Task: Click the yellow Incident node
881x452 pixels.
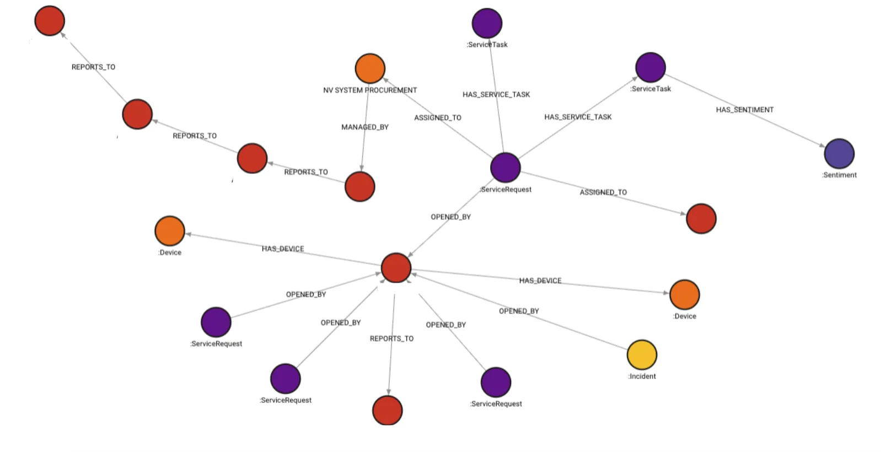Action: (x=642, y=354)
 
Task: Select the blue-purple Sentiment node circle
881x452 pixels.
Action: (x=839, y=153)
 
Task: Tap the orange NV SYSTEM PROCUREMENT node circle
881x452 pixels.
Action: (x=370, y=68)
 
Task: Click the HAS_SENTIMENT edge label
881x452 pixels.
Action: (x=744, y=110)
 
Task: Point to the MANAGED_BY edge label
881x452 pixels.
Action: (x=365, y=127)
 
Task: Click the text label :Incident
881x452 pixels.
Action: (x=642, y=376)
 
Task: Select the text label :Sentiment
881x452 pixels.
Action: (x=839, y=175)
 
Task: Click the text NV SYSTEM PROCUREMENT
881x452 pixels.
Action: (x=370, y=90)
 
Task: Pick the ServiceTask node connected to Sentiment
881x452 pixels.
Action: (x=651, y=67)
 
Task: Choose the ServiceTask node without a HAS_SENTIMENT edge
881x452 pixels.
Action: (x=487, y=23)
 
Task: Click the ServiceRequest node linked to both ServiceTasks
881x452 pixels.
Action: (x=505, y=167)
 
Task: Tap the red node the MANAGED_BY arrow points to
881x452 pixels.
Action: (x=359, y=186)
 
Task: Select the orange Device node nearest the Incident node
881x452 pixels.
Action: (x=684, y=294)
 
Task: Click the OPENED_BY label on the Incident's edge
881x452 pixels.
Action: (x=519, y=311)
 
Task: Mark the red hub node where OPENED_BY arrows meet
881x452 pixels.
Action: (x=396, y=267)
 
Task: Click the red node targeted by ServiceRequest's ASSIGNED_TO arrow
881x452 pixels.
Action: (x=701, y=218)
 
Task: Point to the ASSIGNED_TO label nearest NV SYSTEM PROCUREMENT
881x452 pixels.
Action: (x=438, y=117)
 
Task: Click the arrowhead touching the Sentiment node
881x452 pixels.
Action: (x=822, y=146)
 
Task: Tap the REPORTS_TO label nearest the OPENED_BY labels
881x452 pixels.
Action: (x=391, y=338)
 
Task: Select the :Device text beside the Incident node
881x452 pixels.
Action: (x=685, y=316)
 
